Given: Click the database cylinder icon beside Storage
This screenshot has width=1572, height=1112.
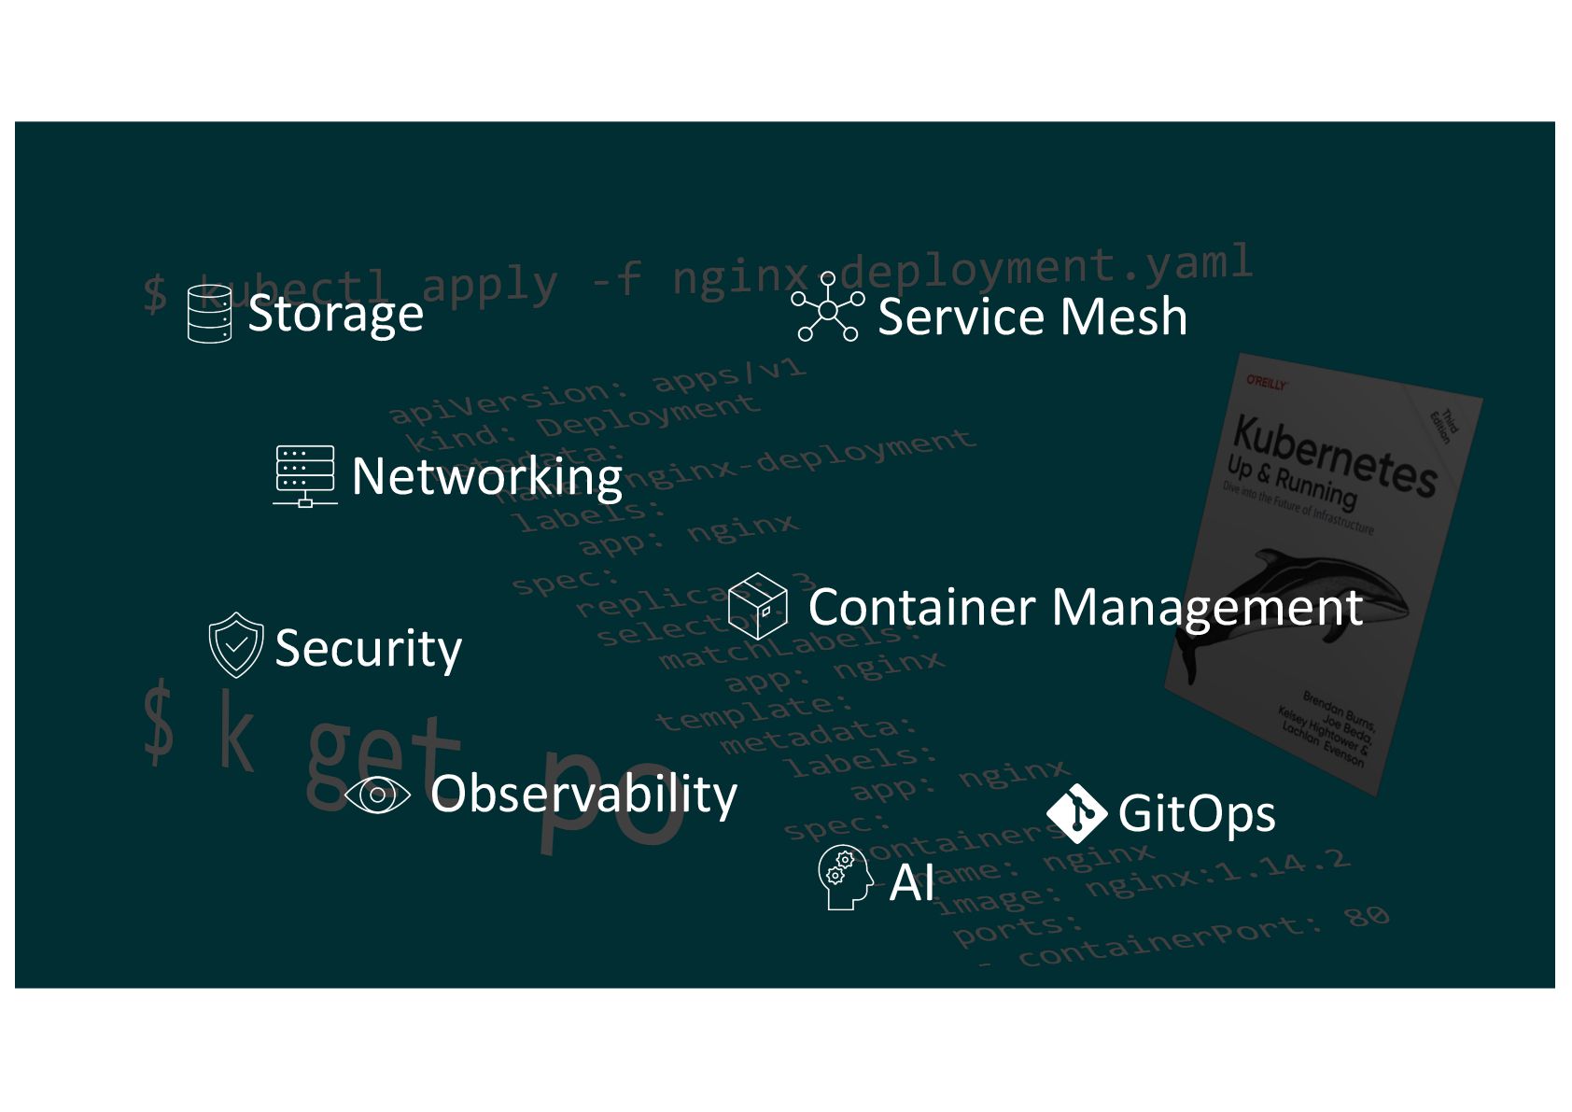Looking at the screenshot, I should point(209,314).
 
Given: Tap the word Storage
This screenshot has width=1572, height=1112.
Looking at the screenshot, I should point(335,314).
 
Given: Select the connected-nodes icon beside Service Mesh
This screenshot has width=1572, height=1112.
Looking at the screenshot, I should point(827,307).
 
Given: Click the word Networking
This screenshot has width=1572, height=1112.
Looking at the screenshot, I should point(486,477).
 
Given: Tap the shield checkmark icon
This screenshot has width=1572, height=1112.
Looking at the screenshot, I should point(235,644).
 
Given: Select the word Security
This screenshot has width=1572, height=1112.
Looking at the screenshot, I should point(368,648).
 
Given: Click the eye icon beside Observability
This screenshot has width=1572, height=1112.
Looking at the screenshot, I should point(377,795).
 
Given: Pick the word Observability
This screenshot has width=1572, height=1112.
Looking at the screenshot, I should point(583,795).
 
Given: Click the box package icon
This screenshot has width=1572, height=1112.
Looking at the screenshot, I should point(757,605).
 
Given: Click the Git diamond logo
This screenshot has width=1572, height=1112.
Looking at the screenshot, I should point(1076,813).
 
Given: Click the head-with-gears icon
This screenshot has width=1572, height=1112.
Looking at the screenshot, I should point(844,877).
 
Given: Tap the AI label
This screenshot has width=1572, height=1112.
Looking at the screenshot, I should point(911,882).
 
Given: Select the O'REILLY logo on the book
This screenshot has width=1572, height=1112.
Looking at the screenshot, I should point(1267,383).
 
